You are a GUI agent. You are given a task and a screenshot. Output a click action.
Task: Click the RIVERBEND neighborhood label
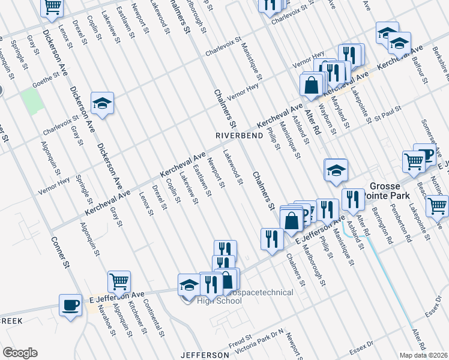[x=238, y=136]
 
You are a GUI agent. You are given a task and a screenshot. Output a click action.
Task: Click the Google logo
[x=19, y=353]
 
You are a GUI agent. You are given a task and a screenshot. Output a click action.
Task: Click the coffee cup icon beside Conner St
[x=71, y=304]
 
